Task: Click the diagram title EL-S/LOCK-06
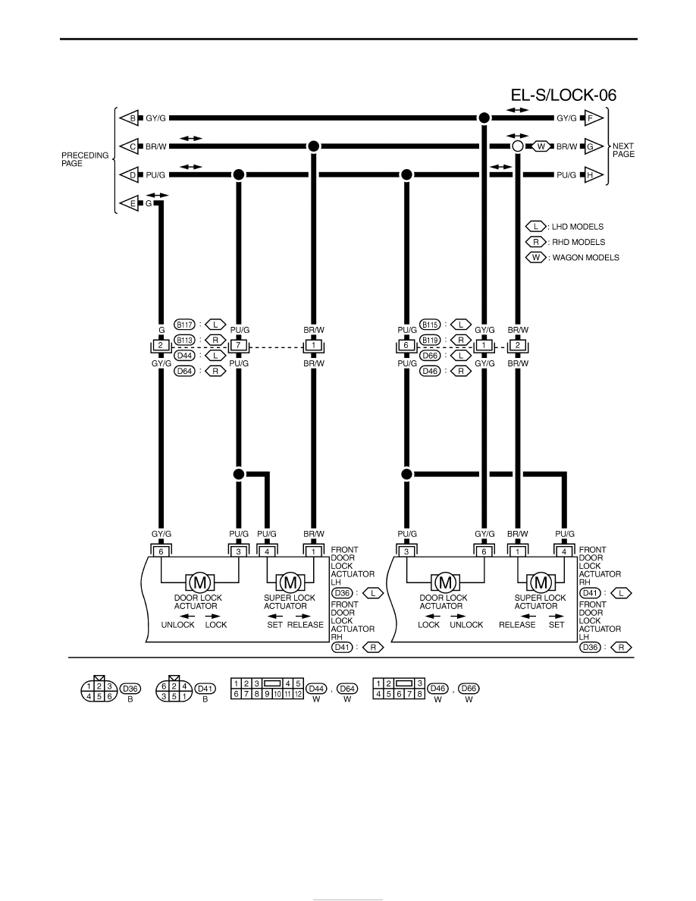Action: pos(563,95)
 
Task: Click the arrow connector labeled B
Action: pos(129,118)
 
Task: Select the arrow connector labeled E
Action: pos(129,203)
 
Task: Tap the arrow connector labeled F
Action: pos(593,118)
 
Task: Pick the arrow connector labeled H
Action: pos(593,174)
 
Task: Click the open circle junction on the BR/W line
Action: pos(517,146)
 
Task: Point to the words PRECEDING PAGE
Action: pos(85,159)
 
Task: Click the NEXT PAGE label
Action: pos(624,150)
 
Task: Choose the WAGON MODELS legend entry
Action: pos(572,257)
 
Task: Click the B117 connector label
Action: pos(184,325)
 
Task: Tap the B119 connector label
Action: pos(430,341)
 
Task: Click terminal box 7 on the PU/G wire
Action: pos(239,346)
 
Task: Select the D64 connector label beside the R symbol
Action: pos(184,371)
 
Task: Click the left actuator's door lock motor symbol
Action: pos(200,583)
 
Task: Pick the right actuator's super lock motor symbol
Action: pos(541,583)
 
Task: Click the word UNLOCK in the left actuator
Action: pos(178,625)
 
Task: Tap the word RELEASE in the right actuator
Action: pos(517,625)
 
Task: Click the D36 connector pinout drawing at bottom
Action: pos(99,689)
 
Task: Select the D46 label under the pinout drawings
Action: pos(438,689)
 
